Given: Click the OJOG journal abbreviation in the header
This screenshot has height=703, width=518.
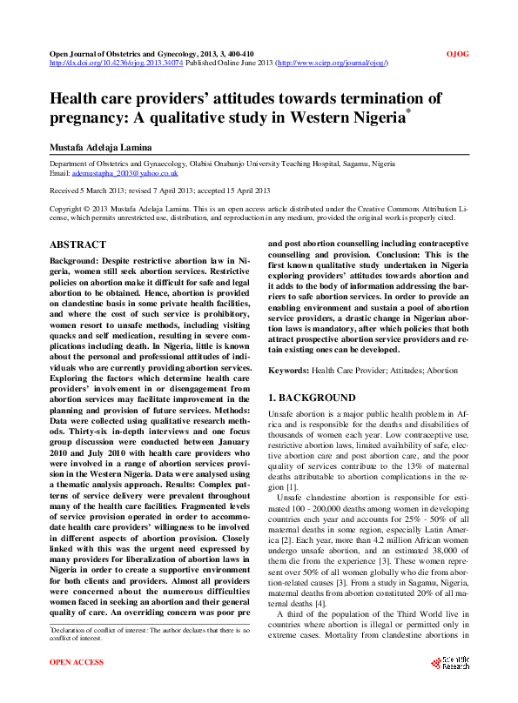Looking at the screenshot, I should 456,54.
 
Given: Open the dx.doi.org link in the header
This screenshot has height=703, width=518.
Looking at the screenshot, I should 115,64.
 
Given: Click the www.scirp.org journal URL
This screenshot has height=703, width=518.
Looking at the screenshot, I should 332,64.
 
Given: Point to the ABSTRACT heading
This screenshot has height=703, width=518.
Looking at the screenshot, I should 78,245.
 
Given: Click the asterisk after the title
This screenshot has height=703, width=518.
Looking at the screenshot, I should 408,111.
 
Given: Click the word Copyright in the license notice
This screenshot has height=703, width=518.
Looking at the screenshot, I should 69,210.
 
